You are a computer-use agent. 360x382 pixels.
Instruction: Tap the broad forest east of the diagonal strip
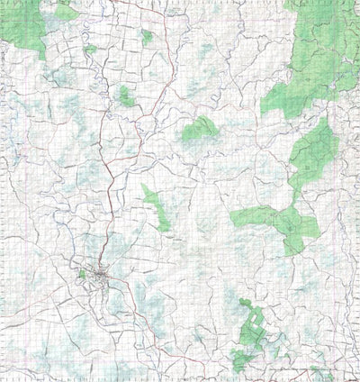279,220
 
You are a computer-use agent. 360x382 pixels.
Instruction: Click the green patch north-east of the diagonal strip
200,130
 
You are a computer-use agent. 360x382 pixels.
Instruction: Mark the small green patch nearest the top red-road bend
147,37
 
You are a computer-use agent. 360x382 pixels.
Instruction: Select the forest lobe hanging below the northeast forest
311,149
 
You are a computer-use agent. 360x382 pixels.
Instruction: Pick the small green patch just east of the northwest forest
66,11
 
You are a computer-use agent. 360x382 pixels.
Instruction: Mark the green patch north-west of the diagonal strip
123,95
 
